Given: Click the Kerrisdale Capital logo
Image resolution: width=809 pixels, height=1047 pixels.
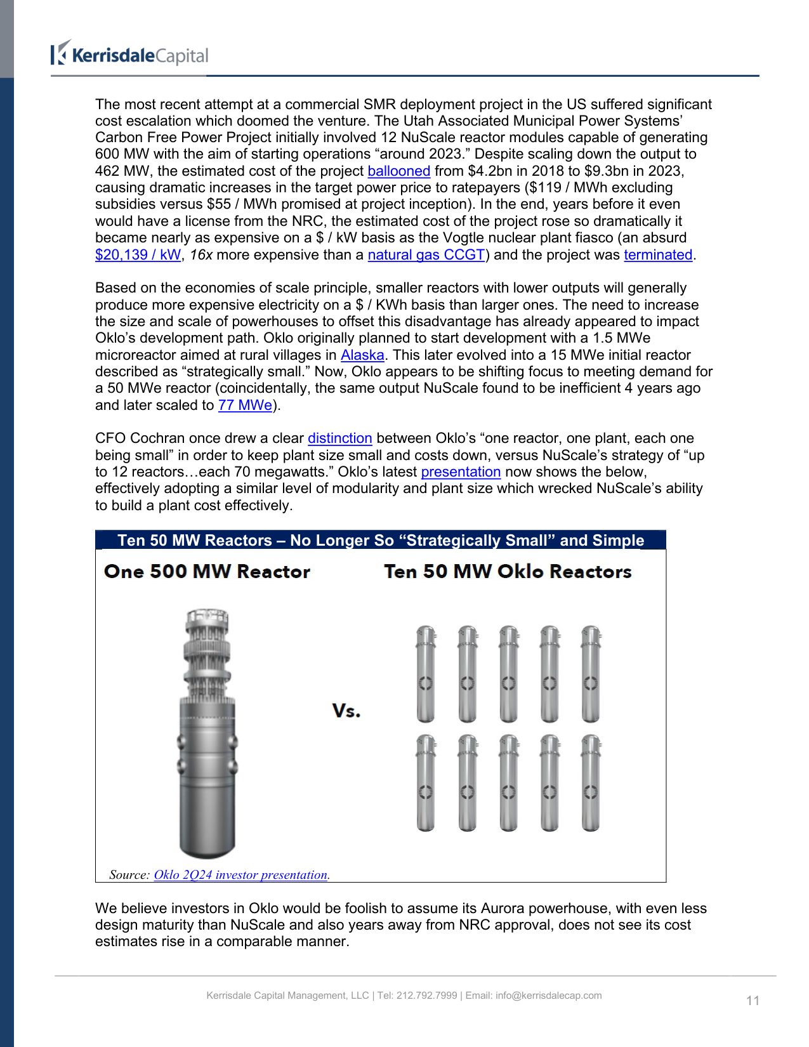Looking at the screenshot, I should tap(129, 54).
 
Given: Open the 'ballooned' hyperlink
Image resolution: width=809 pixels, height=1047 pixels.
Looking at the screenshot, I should tap(398, 171).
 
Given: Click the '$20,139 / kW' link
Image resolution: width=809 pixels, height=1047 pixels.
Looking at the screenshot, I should tap(138, 255).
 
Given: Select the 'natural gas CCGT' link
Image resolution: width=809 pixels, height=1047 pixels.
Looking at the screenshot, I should tap(426, 255).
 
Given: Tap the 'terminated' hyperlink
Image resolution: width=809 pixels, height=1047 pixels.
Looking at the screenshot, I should tap(658, 255).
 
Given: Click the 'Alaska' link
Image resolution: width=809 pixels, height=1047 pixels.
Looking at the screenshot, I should tap(362, 355).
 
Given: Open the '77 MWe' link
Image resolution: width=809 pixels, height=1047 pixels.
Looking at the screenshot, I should tap(245, 405).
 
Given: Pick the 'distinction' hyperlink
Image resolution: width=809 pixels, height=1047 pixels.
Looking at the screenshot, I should tap(339, 438).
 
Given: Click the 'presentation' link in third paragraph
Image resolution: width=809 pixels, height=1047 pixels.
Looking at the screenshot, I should tap(461, 472).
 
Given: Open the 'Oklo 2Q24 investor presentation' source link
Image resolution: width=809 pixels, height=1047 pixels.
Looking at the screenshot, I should tap(240, 875).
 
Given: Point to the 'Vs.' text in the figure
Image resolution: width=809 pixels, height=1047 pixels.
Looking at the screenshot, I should tap(346, 711).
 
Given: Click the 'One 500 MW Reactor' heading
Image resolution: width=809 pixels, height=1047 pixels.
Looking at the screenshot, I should tap(207, 572).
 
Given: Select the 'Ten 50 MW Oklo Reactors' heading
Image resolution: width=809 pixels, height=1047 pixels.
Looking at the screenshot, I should tap(508, 572).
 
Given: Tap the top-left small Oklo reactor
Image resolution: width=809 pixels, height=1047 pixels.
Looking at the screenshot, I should tap(426, 674).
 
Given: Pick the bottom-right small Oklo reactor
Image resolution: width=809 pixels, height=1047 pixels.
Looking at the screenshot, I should tap(591, 783).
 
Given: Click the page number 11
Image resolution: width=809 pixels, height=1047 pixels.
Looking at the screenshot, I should tap(753, 1001).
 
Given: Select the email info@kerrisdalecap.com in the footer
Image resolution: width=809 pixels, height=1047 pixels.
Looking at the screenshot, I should tap(549, 996).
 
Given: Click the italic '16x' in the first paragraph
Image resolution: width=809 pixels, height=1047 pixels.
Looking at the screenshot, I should tap(201, 255).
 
